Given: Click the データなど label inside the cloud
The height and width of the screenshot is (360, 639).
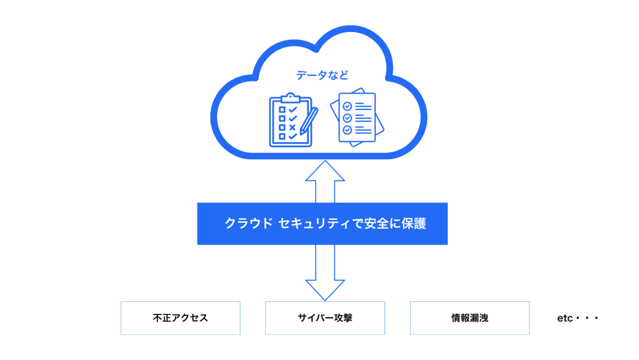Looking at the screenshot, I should (x=322, y=75).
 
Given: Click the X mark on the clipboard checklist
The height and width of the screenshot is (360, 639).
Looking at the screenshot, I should (x=292, y=127).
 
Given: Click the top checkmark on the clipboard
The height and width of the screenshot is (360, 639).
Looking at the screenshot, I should (x=292, y=110).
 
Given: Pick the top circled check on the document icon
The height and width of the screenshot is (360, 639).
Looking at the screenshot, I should (x=347, y=107).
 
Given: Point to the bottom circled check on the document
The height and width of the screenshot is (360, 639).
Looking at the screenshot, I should (x=347, y=130).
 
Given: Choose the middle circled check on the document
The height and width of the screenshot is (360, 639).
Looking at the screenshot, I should (x=347, y=118).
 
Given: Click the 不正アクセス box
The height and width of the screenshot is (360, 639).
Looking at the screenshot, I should (x=180, y=318).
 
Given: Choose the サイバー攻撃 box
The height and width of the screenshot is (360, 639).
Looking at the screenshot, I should (x=325, y=318).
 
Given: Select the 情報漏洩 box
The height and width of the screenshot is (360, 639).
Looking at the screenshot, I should (x=470, y=318).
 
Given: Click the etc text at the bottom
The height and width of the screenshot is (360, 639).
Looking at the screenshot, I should (x=565, y=318).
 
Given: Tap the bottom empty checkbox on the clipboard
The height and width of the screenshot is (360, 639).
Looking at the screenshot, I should (x=282, y=136).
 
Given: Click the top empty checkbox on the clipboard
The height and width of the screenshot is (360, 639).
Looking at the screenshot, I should (x=282, y=110).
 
